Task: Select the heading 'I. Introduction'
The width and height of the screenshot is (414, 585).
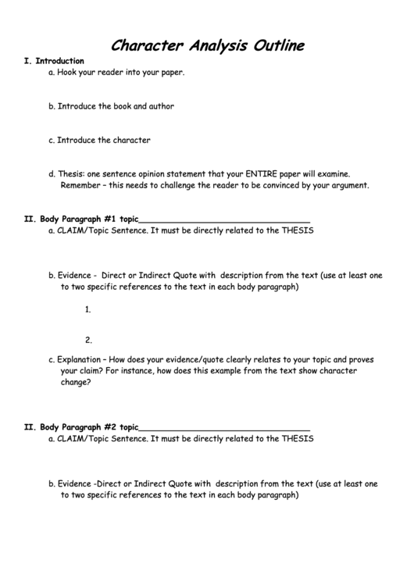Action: (x=54, y=61)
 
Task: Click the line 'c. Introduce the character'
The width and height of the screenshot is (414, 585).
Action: (x=99, y=141)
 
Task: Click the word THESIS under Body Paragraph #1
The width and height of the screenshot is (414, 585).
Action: (x=298, y=231)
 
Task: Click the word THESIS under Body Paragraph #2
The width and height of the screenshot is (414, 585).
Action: (x=298, y=439)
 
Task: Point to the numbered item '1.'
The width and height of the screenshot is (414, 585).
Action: (x=88, y=309)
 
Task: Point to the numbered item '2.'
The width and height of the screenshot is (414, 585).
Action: (x=88, y=340)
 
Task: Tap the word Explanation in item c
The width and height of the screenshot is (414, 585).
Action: (x=79, y=360)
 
